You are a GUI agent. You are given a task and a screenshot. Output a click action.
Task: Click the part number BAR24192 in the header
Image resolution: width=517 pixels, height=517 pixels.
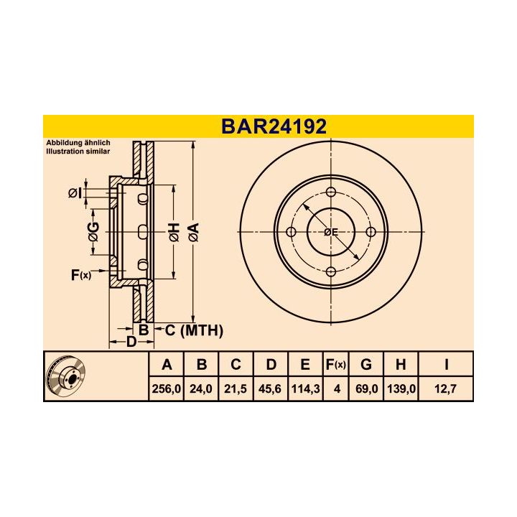pyautogui.click(x=274, y=126)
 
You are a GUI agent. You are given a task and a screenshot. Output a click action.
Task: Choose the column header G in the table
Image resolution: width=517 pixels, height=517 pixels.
pyautogui.click(x=366, y=365)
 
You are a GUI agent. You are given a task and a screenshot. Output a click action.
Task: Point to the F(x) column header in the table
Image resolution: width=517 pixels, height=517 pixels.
pyautogui.click(x=335, y=365)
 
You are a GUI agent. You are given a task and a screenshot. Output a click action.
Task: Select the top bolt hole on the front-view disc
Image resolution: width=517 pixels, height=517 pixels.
pyautogui.click(x=331, y=192)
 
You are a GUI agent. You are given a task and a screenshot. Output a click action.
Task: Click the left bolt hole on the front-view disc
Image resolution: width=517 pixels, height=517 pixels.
pyautogui.click(x=292, y=232)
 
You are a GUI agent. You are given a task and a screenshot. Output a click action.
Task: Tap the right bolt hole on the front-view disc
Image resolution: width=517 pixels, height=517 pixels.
pyautogui.click(x=371, y=232)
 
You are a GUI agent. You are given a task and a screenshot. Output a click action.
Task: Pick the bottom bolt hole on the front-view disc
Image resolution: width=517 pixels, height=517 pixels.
pyautogui.click(x=331, y=271)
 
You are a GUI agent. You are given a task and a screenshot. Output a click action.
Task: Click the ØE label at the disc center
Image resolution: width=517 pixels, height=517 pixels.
pyautogui.click(x=330, y=232)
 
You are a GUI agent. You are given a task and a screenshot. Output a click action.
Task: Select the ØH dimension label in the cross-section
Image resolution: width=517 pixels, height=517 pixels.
pyautogui.click(x=173, y=231)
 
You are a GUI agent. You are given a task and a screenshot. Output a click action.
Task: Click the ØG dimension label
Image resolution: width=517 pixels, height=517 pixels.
pyautogui.click(x=93, y=231)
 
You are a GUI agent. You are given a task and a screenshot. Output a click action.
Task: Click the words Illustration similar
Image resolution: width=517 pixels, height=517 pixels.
pyautogui.click(x=78, y=152)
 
